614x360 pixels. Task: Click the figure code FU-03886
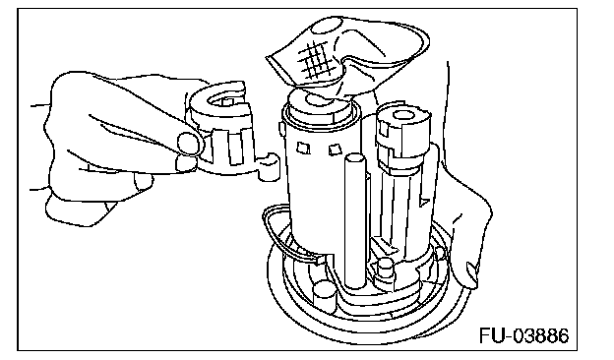coord(523,335)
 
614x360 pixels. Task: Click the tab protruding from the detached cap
coord(269,167)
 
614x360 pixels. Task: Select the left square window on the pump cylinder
coord(303,149)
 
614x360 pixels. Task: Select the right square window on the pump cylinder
coord(335,150)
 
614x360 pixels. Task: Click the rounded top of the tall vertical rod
coord(355,158)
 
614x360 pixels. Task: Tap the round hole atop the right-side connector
coord(403,115)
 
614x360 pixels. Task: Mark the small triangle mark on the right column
coord(424,202)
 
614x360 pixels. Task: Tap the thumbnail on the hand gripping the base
coord(471,270)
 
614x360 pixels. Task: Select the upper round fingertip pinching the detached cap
coord(190,143)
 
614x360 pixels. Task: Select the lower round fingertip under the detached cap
coord(186,162)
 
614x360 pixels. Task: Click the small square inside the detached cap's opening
coord(228,101)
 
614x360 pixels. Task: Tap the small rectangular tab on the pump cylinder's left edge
coord(281,129)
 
